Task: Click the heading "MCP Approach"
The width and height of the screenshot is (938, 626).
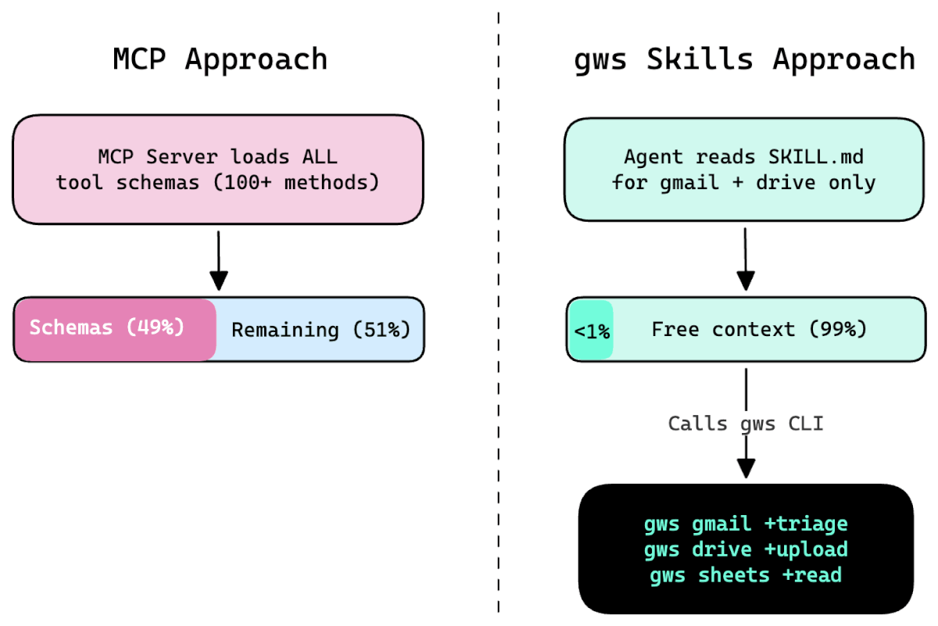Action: coord(220,59)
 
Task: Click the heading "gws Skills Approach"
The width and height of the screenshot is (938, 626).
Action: coord(744,59)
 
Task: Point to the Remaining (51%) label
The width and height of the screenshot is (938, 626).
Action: coord(320,329)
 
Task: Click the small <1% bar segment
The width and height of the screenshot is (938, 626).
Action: coord(592,331)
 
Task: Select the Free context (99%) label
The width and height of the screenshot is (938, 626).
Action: coord(759,329)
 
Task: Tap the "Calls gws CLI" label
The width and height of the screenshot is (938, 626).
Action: coord(746,424)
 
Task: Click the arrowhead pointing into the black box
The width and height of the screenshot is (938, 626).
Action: coord(746,468)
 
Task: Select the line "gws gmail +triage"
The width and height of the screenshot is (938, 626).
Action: coord(746,524)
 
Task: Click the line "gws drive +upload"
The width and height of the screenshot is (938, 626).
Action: coord(746,549)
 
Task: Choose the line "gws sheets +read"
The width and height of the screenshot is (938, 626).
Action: coord(746,575)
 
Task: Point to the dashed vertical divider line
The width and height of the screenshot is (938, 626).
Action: coord(498,313)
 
